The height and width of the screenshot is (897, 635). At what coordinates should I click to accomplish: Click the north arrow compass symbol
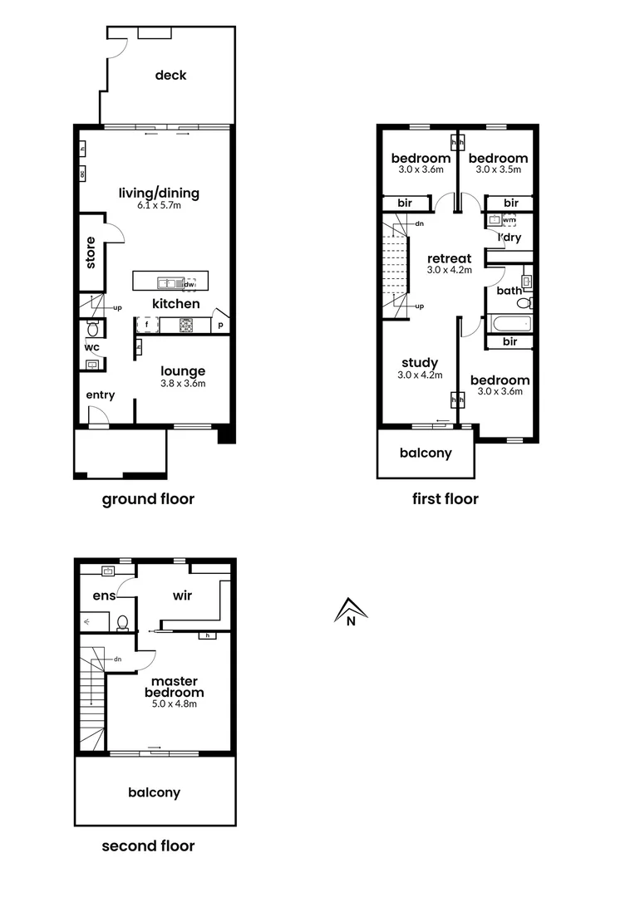pos(351,612)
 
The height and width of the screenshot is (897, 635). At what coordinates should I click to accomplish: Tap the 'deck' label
pos(170,76)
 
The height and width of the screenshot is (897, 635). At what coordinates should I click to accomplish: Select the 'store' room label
pos(91,252)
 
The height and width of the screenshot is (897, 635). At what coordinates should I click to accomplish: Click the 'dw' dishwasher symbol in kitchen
pos(190,283)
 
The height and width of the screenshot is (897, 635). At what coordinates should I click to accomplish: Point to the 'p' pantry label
pos(221,326)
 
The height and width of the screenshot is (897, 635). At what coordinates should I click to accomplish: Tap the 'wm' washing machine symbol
pos(509,220)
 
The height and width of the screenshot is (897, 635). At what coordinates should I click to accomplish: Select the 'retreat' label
pos(449,258)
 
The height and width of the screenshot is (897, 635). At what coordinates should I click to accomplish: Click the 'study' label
pos(420,363)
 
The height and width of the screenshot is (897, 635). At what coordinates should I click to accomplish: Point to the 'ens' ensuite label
pos(104,595)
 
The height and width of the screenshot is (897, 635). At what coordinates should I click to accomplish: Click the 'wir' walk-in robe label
pos(183,595)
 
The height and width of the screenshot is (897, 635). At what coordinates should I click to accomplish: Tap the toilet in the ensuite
pos(123,621)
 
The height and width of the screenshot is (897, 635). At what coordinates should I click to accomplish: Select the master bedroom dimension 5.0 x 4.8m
pos(174,703)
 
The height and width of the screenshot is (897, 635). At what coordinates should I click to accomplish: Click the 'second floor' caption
pos(148,846)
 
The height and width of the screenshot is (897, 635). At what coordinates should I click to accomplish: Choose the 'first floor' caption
pos(445,499)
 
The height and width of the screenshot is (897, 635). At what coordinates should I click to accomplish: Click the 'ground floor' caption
pos(148,499)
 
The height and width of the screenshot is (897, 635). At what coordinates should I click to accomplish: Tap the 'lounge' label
pos(183,371)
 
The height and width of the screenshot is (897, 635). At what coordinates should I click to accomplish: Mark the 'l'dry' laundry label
pos(509,239)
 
